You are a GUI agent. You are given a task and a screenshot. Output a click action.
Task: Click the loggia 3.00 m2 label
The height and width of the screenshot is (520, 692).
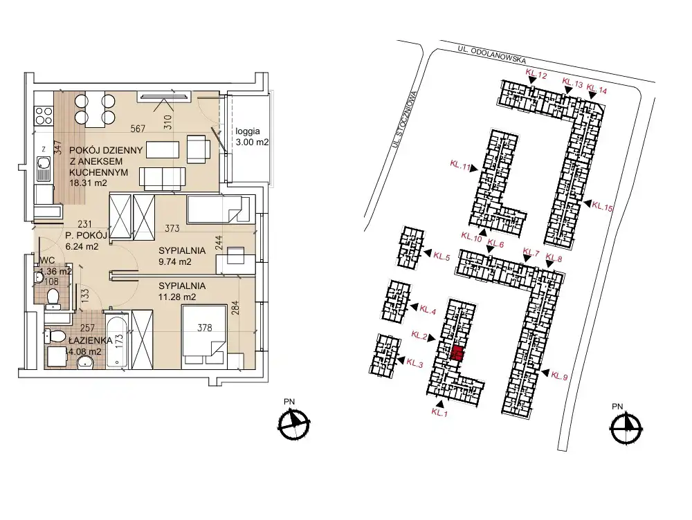click(x=252, y=137)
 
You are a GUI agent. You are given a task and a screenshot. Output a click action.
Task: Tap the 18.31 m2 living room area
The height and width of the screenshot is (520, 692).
click(x=89, y=183)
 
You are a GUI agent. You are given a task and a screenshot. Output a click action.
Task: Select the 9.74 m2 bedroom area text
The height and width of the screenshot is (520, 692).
click(x=175, y=261)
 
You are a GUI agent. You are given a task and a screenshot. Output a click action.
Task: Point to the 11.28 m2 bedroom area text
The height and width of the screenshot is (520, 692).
click(x=177, y=297)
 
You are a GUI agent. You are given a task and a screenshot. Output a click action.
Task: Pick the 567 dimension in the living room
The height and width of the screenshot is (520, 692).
click(x=138, y=129)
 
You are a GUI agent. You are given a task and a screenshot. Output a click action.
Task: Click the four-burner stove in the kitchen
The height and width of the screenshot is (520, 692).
click(x=43, y=115)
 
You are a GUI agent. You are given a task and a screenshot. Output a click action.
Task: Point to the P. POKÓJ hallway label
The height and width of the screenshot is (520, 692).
click(x=86, y=235)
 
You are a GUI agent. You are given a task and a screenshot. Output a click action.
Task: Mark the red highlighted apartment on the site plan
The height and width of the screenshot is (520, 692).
click(x=457, y=354)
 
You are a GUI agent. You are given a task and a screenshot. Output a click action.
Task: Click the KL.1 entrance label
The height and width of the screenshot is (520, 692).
click(x=439, y=413)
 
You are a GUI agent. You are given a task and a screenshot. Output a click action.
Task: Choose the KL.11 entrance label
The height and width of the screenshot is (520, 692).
click(x=460, y=165)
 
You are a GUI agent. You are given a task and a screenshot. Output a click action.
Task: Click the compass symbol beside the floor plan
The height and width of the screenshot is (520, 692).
click(x=293, y=425)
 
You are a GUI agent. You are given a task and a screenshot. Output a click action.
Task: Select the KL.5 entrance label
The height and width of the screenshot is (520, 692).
click(x=441, y=257)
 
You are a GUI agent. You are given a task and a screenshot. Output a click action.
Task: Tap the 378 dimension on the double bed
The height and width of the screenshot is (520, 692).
click(x=205, y=328)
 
